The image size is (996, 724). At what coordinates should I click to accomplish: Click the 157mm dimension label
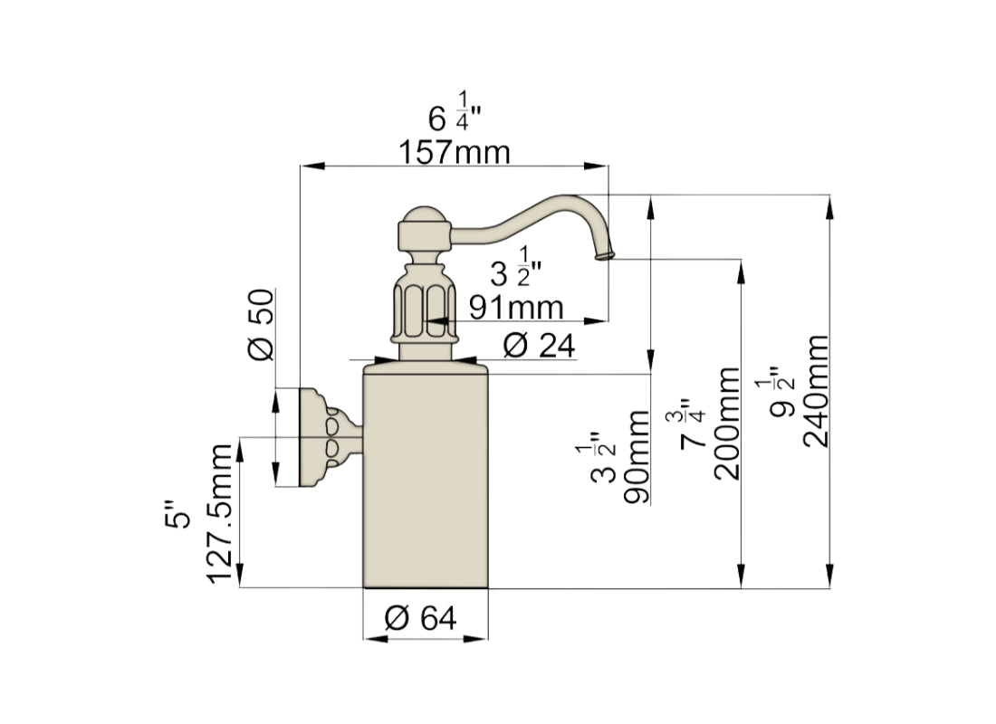click(455, 152)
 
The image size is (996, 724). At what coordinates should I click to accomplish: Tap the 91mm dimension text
click(515, 307)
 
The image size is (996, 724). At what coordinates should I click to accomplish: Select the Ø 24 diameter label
click(538, 345)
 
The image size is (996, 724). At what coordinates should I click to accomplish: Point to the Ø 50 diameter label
click(260, 326)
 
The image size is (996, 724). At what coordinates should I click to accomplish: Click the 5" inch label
click(181, 517)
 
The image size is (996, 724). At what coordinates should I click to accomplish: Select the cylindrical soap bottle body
click(426, 475)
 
